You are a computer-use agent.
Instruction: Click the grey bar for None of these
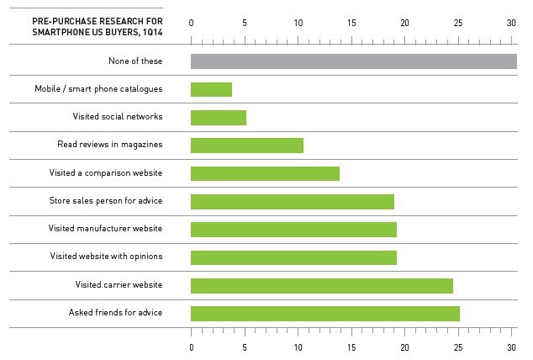pos(353,61)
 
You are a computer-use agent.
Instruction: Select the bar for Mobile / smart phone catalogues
pos(211,89)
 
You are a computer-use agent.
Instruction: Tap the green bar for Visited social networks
pos(219,117)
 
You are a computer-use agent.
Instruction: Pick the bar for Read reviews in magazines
pos(247,146)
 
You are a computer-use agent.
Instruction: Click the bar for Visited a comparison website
pos(265,173)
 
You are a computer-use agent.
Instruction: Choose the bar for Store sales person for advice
pos(293,202)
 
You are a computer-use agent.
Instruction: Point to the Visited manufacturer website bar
pos(293,230)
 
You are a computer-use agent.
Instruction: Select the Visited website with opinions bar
pos(293,257)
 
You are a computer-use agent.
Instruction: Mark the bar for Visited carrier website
pos(322,286)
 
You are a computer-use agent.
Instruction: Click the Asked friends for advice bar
pos(325,314)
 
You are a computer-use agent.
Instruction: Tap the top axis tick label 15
pos(351,23)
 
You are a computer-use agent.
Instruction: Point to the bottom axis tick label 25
pos(458,347)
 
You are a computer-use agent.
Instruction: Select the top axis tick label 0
pos(192,23)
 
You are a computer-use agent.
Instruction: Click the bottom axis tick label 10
pos(298,347)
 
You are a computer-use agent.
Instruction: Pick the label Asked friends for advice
pos(116,314)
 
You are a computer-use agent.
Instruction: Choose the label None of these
pos(135,61)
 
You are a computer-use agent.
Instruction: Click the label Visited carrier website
pos(119,286)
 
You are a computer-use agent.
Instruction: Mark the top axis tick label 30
pos(511,23)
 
